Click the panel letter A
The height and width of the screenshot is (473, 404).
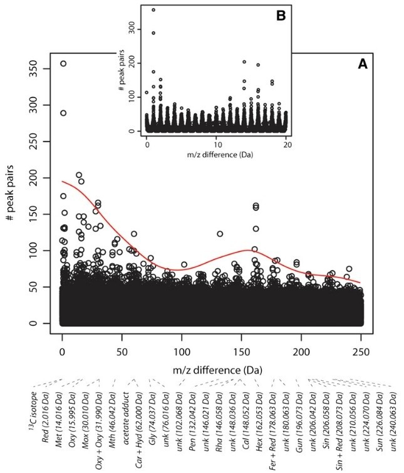click(362, 65)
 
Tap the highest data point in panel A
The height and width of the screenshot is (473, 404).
click(63, 63)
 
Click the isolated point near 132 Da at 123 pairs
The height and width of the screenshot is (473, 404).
click(220, 234)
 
